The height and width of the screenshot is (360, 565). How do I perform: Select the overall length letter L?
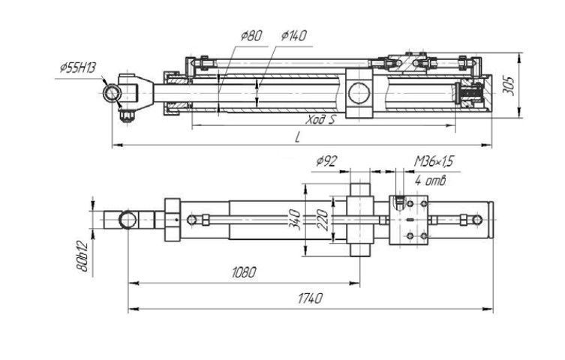point(297,137)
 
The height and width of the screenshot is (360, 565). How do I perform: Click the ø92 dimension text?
point(329,160)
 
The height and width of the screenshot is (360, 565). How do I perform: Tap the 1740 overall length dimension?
point(308,298)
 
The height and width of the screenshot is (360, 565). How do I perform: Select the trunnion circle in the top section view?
point(360,94)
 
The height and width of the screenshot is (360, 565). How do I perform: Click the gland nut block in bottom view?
point(172,219)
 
